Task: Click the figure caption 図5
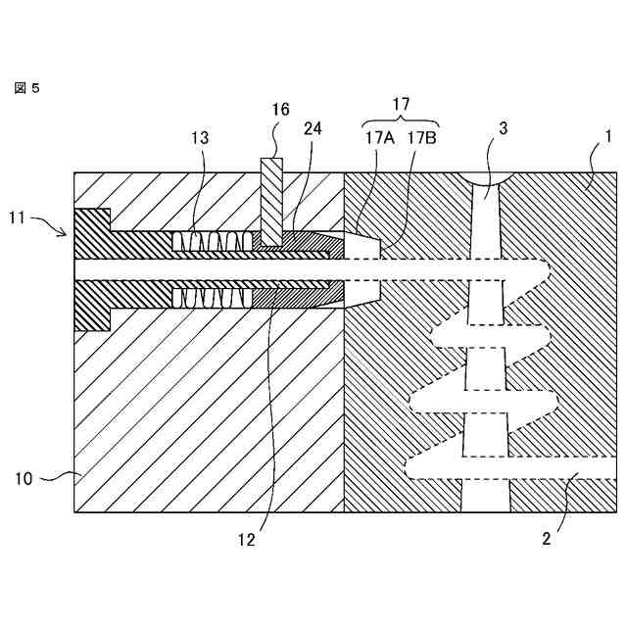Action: (x=26, y=88)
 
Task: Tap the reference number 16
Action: (x=280, y=110)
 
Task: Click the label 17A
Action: (x=380, y=138)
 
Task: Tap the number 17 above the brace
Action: (x=401, y=104)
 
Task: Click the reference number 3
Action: (x=501, y=129)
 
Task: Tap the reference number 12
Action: (x=247, y=538)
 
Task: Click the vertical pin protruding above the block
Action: (x=270, y=196)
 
